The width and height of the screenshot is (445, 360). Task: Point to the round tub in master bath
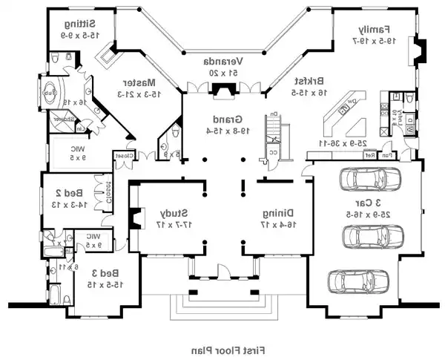[x=50, y=93]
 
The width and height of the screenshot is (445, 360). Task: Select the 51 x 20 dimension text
[x=223, y=73]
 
